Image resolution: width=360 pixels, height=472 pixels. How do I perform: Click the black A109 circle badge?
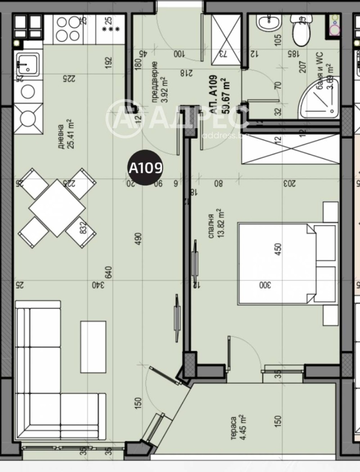145,168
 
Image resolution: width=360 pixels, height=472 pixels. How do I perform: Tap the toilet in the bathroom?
300,30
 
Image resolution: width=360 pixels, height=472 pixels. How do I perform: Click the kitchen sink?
28,63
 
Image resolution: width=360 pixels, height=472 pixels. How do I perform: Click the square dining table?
57,208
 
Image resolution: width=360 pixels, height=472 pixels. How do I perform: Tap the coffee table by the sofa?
93,346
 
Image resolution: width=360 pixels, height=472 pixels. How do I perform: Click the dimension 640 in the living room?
108,272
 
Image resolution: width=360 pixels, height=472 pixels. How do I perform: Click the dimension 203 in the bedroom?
288,183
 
